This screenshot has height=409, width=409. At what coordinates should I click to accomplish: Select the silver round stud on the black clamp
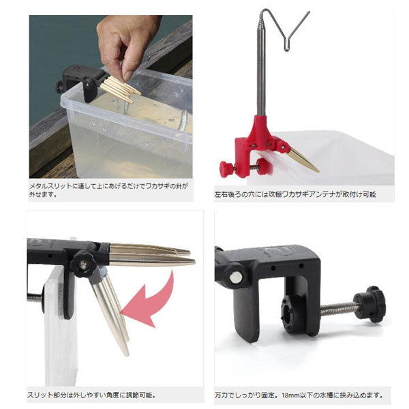coord(235,277)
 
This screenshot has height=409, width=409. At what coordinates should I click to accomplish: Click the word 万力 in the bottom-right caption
coord(222,395)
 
